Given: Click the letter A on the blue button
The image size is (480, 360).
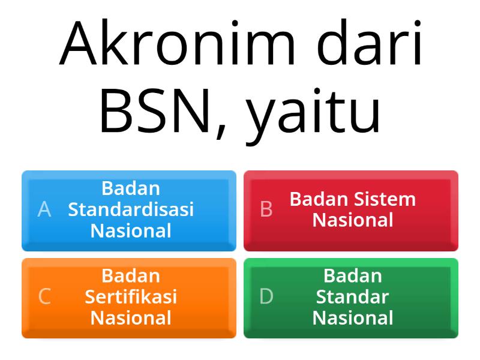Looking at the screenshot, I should (44, 209).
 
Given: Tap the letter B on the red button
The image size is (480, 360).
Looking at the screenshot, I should (266, 209).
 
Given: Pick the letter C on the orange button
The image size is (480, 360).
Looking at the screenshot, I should (44, 297).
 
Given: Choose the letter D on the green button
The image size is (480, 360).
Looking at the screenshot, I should (266, 297).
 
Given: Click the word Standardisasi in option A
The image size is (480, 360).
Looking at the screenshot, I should (131, 209).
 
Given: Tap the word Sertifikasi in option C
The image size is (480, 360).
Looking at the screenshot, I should (131, 297).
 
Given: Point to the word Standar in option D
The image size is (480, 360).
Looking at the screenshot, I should (353, 297).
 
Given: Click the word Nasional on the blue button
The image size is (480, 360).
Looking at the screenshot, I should (131, 230).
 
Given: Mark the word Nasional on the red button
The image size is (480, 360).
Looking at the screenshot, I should (353, 220).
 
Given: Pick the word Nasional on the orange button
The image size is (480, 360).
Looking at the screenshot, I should (131, 318).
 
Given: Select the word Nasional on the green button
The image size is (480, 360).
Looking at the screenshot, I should (353, 318).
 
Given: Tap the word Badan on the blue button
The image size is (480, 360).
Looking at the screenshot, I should (131, 188).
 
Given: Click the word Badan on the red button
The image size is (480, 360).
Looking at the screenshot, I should (317, 199).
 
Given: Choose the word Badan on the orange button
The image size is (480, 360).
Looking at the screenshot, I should (131, 276).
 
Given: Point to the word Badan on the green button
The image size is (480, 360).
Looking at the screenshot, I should (353, 276).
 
